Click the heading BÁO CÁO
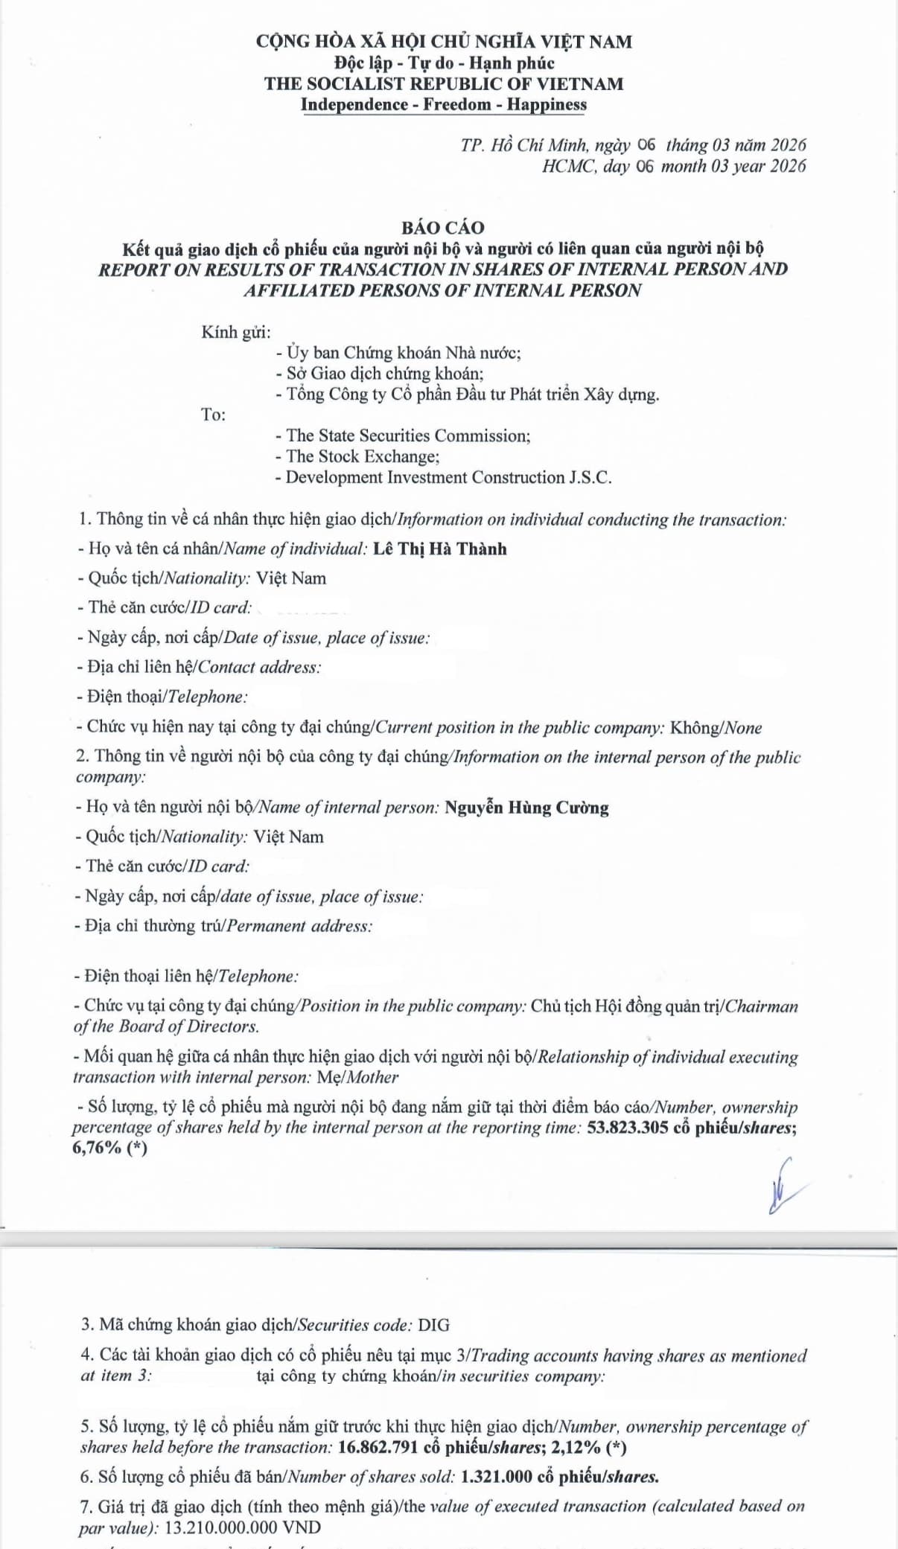442,228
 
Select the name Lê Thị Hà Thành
439,549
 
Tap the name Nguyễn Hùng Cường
526,808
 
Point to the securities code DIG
433,1325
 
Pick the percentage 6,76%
97,1148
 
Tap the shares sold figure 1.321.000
496,1477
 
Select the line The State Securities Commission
402,435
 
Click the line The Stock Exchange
357,456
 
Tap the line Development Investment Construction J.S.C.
443,477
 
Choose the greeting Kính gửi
235,332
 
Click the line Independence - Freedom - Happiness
443,104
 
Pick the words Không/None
716,727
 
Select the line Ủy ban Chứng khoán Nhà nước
398,352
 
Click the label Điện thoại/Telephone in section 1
162,697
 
